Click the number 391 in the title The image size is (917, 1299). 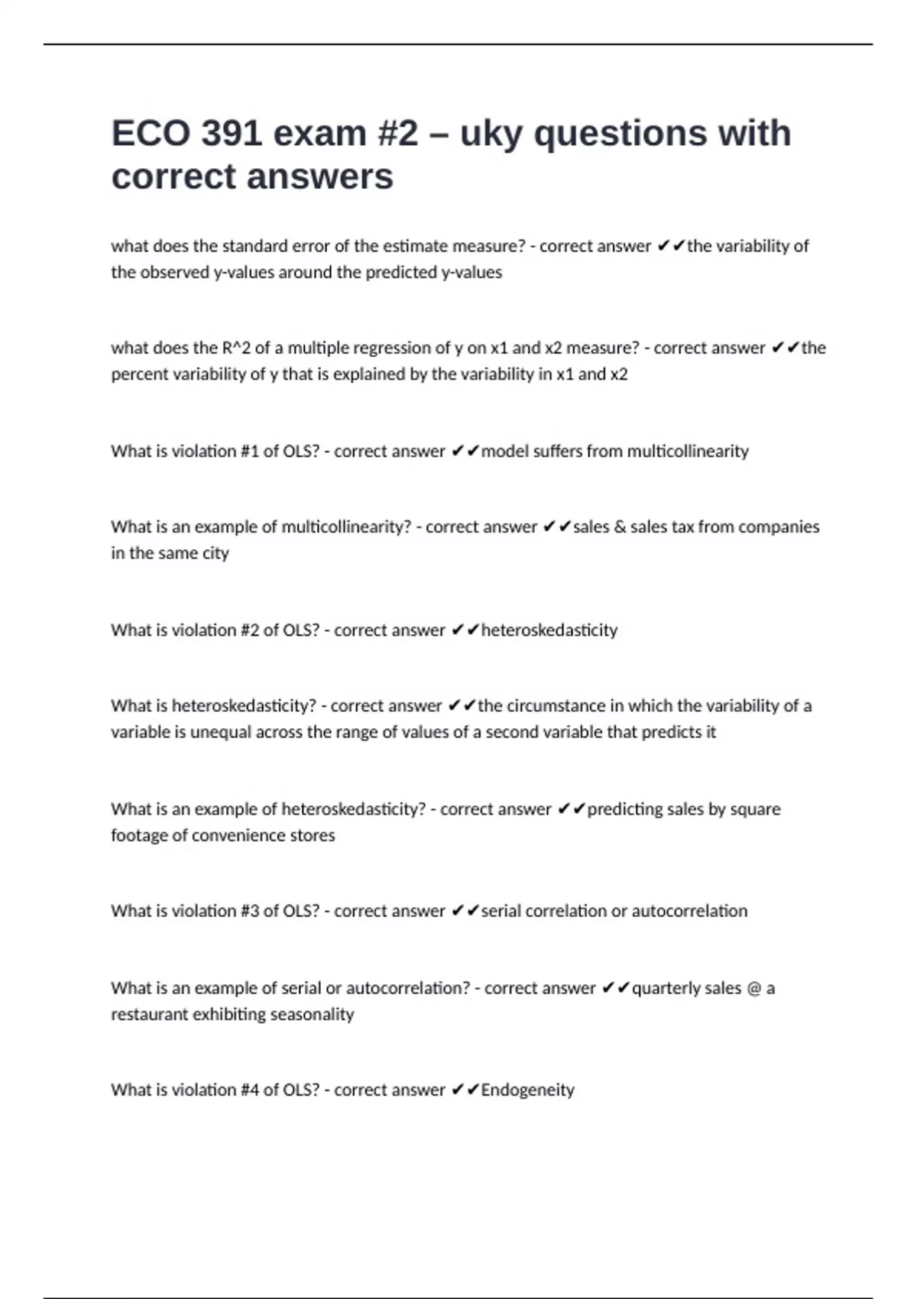pyautogui.click(x=232, y=134)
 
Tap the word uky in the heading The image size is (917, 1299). pyautogui.click(x=492, y=134)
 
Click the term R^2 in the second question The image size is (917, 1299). pyautogui.click(x=236, y=348)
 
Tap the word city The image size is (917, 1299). pyautogui.click(x=215, y=553)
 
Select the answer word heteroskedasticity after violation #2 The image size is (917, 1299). pyautogui.click(x=549, y=630)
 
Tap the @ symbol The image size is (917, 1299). pyautogui.click(x=753, y=988)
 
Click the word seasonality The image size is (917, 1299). pyautogui.click(x=313, y=1015)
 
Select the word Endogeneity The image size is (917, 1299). pyautogui.click(x=527, y=1090)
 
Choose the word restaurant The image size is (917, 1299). pyautogui.click(x=149, y=1015)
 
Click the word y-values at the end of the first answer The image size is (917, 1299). pyautogui.click(x=471, y=273)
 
